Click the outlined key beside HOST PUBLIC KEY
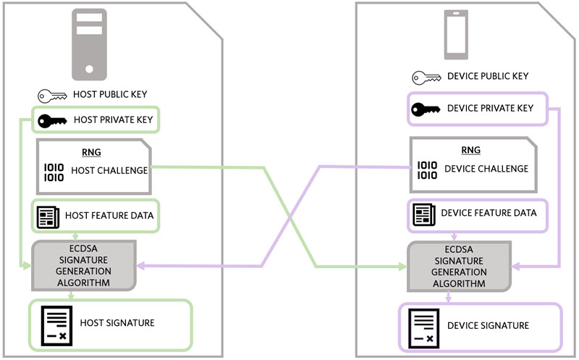[x=53, y=95]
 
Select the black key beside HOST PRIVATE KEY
[x=53, y=120]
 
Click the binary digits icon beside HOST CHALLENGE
[x=54, y=172]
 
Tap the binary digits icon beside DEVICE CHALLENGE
[x=427, y=169]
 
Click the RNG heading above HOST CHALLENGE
[x=91, y=153]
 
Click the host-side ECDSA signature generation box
[x=85, y=265]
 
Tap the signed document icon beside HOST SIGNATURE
[x=56, y=324]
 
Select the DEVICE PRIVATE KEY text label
[x=491, y=109]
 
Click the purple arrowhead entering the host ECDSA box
[x=142, y=267]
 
